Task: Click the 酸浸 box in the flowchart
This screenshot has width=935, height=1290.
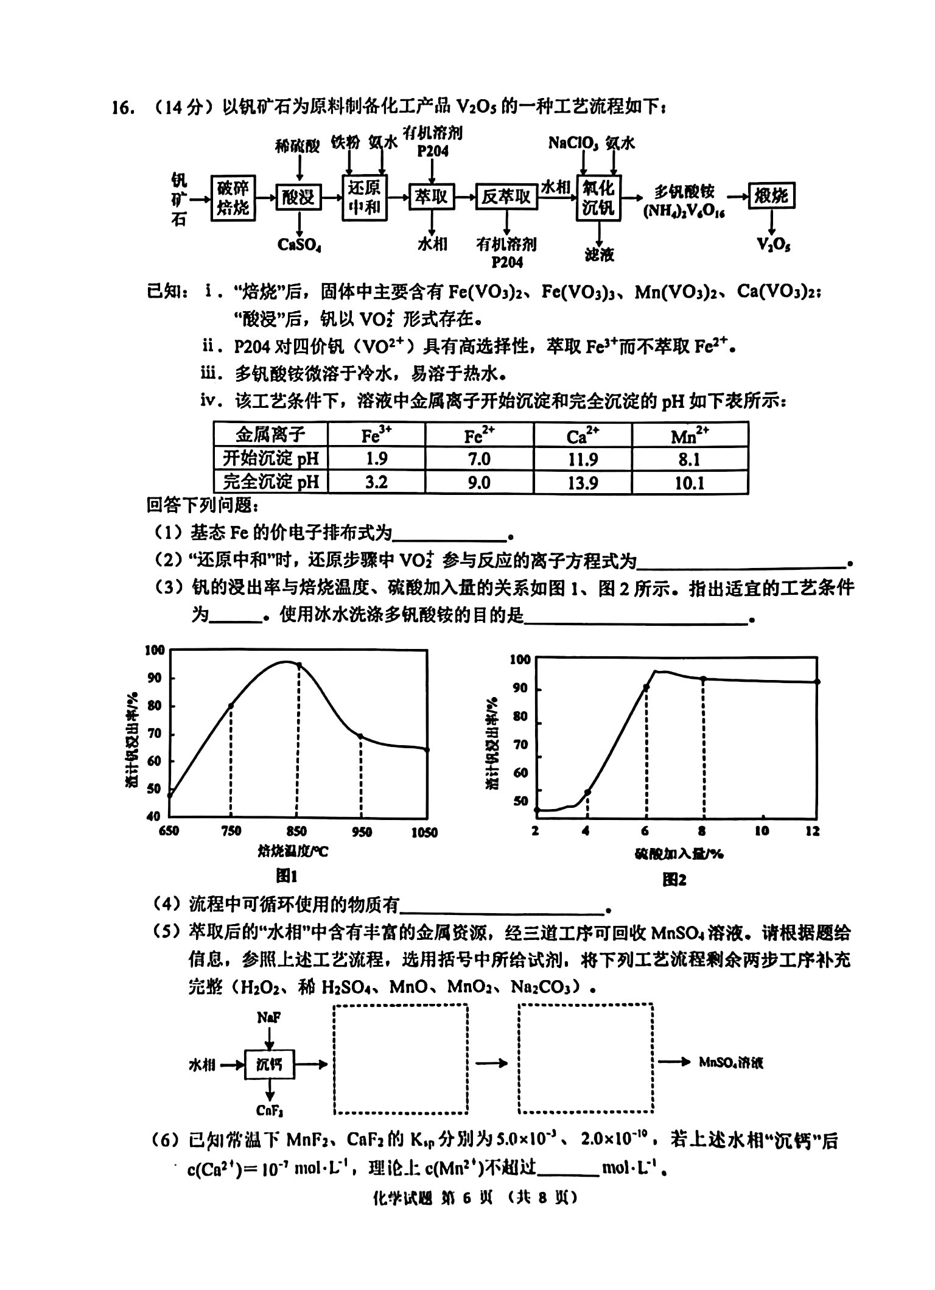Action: click(298, 197)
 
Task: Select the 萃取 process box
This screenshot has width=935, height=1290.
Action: click(432, 195)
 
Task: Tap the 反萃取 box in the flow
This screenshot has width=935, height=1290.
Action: click(506, 196)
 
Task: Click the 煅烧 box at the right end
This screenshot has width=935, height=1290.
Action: click(771, 195)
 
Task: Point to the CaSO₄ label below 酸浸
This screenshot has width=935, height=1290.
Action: click(299, 244)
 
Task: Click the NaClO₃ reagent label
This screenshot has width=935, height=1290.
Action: click(573, 143)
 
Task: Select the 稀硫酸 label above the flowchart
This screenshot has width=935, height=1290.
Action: click(297, 146)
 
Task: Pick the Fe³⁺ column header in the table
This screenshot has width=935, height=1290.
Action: click(376, 435)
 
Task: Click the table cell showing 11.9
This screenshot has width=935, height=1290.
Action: click(583, 459)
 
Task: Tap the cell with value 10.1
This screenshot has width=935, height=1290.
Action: click(690, 483)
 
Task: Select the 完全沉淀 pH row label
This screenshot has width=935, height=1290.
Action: click(271, 483)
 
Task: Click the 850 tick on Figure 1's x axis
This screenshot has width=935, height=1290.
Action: click(296, 832)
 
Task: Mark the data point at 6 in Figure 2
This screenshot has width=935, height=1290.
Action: click(646, 687)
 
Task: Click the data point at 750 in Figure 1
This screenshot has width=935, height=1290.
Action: click(231, 706)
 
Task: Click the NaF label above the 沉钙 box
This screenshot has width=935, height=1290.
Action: click(268, 1017)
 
